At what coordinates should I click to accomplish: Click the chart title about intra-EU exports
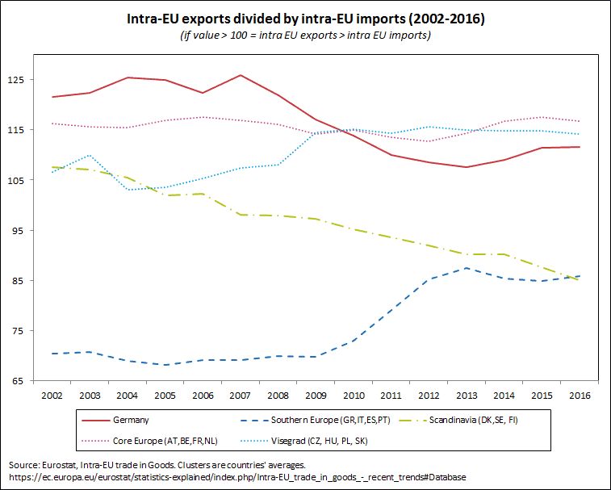[x=305, y=17]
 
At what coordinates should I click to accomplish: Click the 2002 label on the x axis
[x=52, y=396]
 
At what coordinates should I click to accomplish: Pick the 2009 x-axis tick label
[x=316, y=396]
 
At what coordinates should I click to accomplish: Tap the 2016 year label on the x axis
[x=580, y=396]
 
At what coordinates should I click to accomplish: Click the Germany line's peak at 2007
[x=241, y=75]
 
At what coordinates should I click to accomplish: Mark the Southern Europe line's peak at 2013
[x=467, y=268]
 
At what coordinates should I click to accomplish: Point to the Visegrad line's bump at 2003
[x=90, y=155]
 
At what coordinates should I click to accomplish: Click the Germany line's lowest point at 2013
[x=467, y=167]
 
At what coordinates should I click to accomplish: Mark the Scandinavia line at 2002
[x=52, y=167]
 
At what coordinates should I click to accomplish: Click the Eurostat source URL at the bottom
[x=237, y=477]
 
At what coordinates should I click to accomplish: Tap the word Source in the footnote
[x=23, y=466]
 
